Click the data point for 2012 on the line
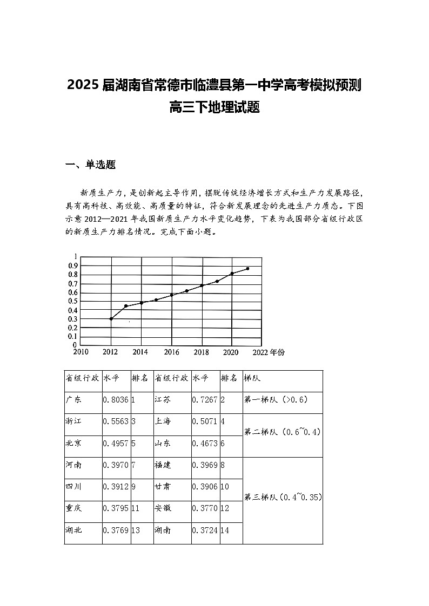pos(111,319)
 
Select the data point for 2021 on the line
pos(247,268)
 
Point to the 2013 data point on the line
pos(126,306)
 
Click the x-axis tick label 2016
pos(171,352)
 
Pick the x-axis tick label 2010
pos(81,352)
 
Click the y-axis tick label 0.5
pos(72,301)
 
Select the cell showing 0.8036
pos(115,400)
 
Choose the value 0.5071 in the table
pos(205,421)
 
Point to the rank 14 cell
pos(225,530)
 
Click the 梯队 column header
pos(252,378)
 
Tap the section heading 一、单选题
pos(90,165)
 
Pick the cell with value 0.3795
pos(115,508)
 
